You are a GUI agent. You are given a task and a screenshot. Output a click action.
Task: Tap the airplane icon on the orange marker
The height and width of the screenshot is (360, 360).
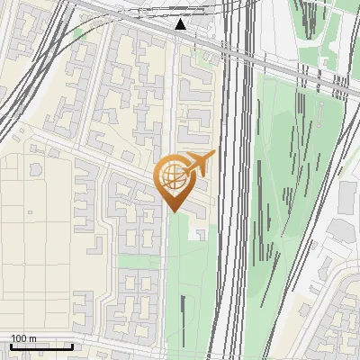coord(200,163)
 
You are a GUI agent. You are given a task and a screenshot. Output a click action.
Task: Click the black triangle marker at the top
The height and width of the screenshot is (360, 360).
coord(181,25)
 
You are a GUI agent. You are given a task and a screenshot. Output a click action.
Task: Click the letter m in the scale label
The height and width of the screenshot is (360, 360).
coord(32,338)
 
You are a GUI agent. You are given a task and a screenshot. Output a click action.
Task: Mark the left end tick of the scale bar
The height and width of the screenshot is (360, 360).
coord(10,346)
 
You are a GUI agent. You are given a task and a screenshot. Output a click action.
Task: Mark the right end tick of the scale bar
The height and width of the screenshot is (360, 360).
coord(72,346)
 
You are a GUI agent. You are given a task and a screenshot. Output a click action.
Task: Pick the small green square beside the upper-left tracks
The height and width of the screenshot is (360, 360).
coord(78,34)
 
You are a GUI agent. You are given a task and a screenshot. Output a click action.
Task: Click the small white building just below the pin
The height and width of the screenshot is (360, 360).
coord(197,232)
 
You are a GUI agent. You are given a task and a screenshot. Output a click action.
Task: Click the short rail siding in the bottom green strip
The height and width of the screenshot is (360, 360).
coord(184,315)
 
